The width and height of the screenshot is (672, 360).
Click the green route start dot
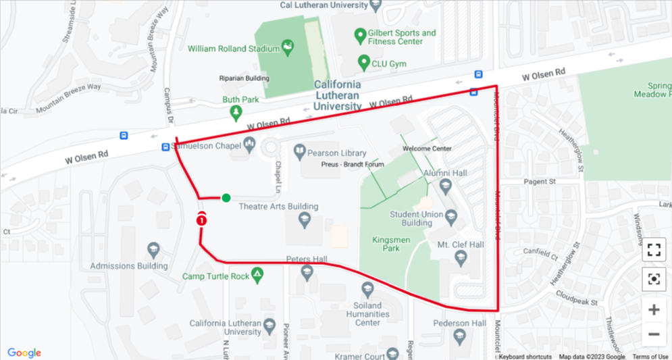click(x=226, y=198)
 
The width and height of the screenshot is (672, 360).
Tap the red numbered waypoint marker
click(x=201, y=219)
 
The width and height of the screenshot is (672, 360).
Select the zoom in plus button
click(x=653, y=310)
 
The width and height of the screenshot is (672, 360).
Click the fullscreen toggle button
click(x=653, y=249)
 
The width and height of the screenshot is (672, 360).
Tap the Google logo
click(x=24, y=353)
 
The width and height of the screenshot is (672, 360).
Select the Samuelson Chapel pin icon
click(x=249, y=143)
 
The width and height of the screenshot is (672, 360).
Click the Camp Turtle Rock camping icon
click(x=257, y=275)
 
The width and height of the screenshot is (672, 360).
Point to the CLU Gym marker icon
click(x=363, y=64)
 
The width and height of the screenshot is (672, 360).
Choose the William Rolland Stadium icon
click(x=288, y=47)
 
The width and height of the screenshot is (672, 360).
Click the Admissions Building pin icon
click(x=153, y=251)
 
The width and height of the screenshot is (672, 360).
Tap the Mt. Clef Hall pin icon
click(x=461, y=257)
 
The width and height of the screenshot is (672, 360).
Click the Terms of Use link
click(x=650, y=357)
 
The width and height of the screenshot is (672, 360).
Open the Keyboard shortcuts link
click(x=525, y=357)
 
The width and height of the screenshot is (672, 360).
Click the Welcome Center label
click(x=426, y=149)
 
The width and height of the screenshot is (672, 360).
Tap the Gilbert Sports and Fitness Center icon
click(x=361, y=35)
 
